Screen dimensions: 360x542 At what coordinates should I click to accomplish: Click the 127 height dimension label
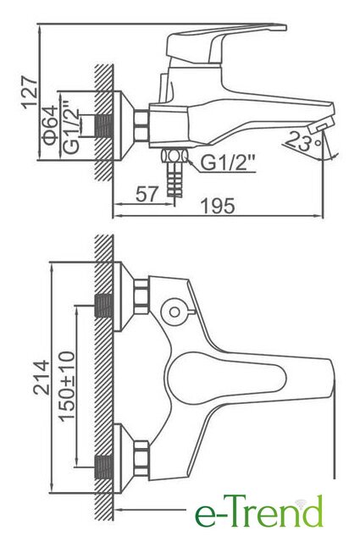30,92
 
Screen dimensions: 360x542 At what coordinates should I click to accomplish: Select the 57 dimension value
147,194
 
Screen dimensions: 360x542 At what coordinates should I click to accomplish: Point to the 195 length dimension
218,206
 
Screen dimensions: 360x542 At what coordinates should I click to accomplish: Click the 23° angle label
303,141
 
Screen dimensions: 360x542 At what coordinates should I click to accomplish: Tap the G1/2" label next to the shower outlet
228,163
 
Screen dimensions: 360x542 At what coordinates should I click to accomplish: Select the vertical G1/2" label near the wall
71,127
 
